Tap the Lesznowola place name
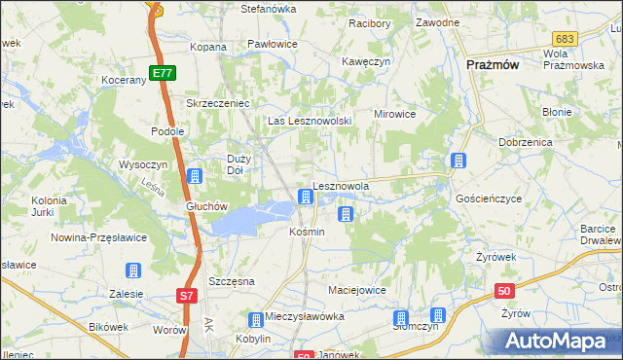[x=341, y=186]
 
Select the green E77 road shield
[x=162, y=73]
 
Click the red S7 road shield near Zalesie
[x=188, y=294]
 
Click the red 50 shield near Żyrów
[x=503, y=290]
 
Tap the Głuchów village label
[x=206, y=206]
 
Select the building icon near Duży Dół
[x=195, y=176]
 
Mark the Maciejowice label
[x=357, y=290]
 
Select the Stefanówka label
[x=268, y=9]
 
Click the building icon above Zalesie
[x=133, y=270]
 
